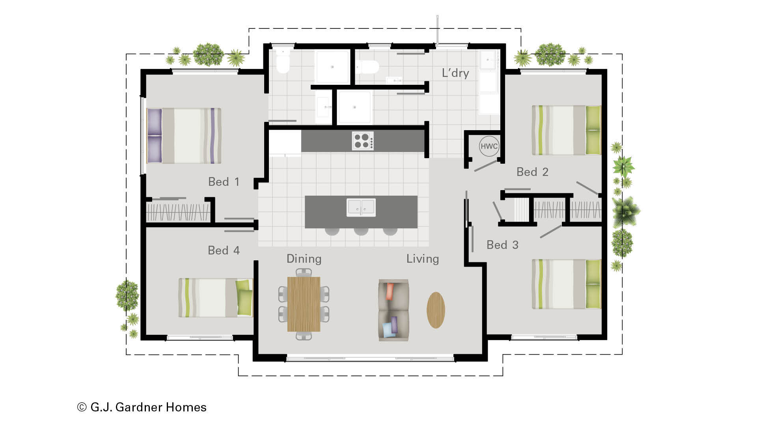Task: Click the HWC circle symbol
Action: (x=489, y=146)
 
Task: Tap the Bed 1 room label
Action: (x=224, y=182)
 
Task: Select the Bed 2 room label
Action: (x=532, y=172)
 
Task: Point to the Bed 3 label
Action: (x=502, y=245)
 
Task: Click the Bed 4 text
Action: (x=224, y=250)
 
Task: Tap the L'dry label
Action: (x=455, y=73)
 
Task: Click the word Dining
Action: (x=304, y=259)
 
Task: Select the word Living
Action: (x=423, y=259)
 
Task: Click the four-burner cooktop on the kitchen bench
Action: (x=363, y=141)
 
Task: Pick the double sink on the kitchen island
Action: (x=361, y=207)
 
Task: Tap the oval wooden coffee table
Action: (x=436, y=310)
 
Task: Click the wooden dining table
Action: (x=304, y=304)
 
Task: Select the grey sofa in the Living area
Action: (x=393, y=310)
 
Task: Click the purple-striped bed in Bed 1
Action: (x=184, y=136)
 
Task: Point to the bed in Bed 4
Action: (x=215, y=298)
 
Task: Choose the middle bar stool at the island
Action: (x=361, y=231)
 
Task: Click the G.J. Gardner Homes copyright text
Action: (x=142, y=407)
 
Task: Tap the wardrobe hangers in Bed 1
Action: (x=178, y=212)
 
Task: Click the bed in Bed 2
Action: (x=566, y=130)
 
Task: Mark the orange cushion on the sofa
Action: (x=390, y=291)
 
